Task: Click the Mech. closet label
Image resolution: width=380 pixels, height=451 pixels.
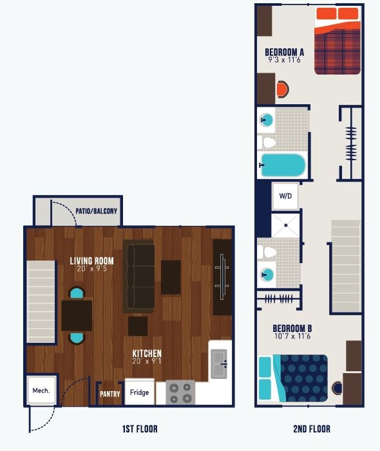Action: (x=41, y=390)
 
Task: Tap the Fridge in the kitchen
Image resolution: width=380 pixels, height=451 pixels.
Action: (x=139, y=392)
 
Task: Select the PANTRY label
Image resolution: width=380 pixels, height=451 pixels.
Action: (x=110, y=394)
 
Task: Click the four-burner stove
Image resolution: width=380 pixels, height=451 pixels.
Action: (x=180, y=392)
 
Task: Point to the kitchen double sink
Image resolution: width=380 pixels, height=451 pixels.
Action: (x=219, y=364)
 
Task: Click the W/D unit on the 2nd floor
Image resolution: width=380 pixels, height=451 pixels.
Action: (x=285, y=196)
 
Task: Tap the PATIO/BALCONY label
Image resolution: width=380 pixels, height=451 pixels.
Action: (x=96, y=210)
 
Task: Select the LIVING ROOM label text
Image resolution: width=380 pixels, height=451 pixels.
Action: (x=92, y=261)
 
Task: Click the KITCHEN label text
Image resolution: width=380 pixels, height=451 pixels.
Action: (x=147, y=353)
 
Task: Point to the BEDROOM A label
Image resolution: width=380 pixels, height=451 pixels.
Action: (x=284, y=52)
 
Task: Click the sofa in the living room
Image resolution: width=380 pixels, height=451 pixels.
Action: (x=139, y=276)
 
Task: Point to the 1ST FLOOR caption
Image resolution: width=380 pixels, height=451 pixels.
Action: (x=139, y=428)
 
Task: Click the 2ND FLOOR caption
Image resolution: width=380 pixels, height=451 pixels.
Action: (x=311, y=428)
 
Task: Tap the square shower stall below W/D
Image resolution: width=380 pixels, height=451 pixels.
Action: (x=285, y=226)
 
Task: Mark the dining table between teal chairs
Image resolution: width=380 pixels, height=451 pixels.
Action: (x=77, y=315)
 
